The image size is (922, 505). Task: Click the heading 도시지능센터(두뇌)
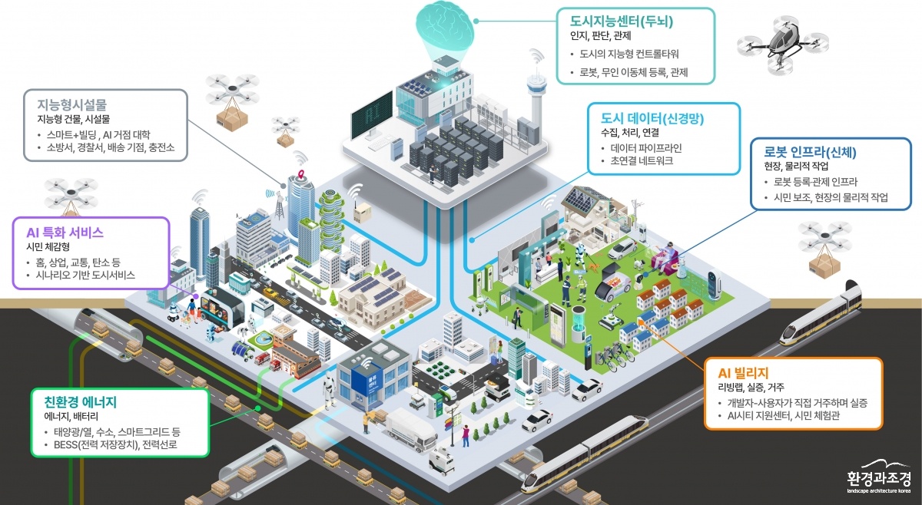coord(621,21)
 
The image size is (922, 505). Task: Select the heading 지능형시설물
coord(72,105)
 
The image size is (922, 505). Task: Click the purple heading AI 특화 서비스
coord(65,233)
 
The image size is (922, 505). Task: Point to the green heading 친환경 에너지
coord(80,401)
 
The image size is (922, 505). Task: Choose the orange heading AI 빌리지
coord(744,373)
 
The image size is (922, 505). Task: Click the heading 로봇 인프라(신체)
coord(810,152)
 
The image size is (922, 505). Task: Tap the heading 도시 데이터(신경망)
coord(652,118)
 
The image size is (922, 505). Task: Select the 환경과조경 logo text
coord(879,479)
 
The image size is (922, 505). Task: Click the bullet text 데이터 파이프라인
coord(646,148)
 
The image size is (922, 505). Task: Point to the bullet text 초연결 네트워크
coord(642,161)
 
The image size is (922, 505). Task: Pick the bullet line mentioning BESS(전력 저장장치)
coord(115,444)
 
